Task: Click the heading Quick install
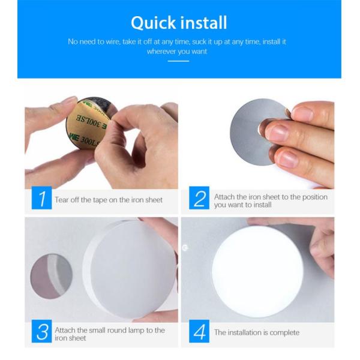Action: pyautogui.click(x=179, y=23)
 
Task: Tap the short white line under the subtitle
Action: pyautogui.click(x=178, y=61)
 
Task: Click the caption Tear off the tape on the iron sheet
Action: pyautogui.click(x=109, y=200)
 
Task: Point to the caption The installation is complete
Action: pyautogui.click(x=256, y=332)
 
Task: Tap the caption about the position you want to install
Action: pyautogui.click(x=271, y=200)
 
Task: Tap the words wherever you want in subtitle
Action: pyautogui.click(x=177, y=52)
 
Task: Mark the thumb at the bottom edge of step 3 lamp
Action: pyautogui.click(x=153, y=316)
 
